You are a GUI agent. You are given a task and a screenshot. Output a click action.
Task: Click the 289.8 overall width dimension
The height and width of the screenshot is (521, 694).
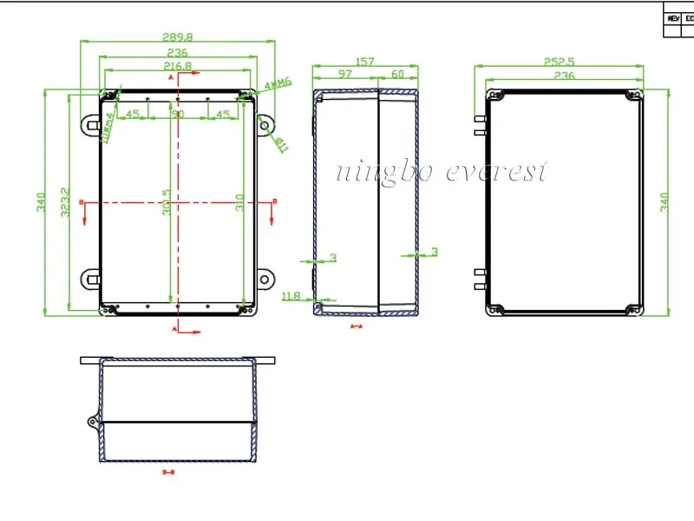pyautogui.click(x=177, y=38)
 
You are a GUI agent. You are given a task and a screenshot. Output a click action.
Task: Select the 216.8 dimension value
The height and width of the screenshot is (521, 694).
pyautogui.click(x=177, y=66)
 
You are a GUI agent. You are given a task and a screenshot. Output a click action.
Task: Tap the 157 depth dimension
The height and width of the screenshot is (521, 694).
pyautogui.click(x=365, y=62)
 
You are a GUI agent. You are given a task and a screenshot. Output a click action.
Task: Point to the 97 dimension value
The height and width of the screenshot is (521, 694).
pyautogui.click(x=345, y=75)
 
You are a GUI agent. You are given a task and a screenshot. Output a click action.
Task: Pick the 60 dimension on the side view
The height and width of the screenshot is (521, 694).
pyautogui.click(x=398, y=75)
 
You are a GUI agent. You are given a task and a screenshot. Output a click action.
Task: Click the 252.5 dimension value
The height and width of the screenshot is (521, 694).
pyautogui.click(x=559, y=62)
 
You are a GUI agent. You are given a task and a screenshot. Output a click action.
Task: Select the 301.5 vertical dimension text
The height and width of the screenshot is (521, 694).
pyautogui.click(x=167, y=205)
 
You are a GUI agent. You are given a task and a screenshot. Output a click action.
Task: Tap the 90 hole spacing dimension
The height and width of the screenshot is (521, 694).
pyautogui.click(x=177, y=114)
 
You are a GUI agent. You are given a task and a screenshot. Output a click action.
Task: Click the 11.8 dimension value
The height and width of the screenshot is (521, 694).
pyautogui.click(x=291, y=296)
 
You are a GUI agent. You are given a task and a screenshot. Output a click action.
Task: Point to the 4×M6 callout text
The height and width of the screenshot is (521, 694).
pyautogui.click(x=277, y=83)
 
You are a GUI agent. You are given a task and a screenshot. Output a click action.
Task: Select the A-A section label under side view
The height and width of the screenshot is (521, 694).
pyautogui.click(x=356, y=326)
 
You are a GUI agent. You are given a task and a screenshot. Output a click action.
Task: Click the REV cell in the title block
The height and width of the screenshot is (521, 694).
pyautogui.click(x=673, y=17)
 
